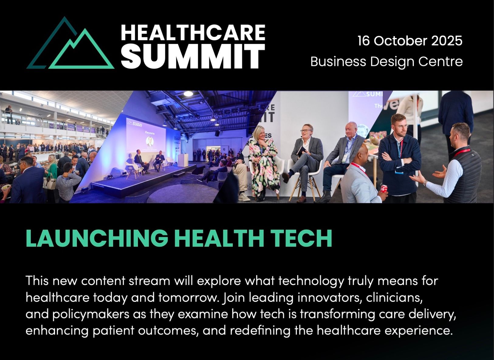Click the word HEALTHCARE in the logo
pyautogui.click(x=193, y=32)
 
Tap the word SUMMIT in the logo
pyautogui.click(x=193, y=56)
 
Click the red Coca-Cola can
pyautogui.click(x=384, y=189)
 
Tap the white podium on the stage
pyautogui.click(x=183, y=160)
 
